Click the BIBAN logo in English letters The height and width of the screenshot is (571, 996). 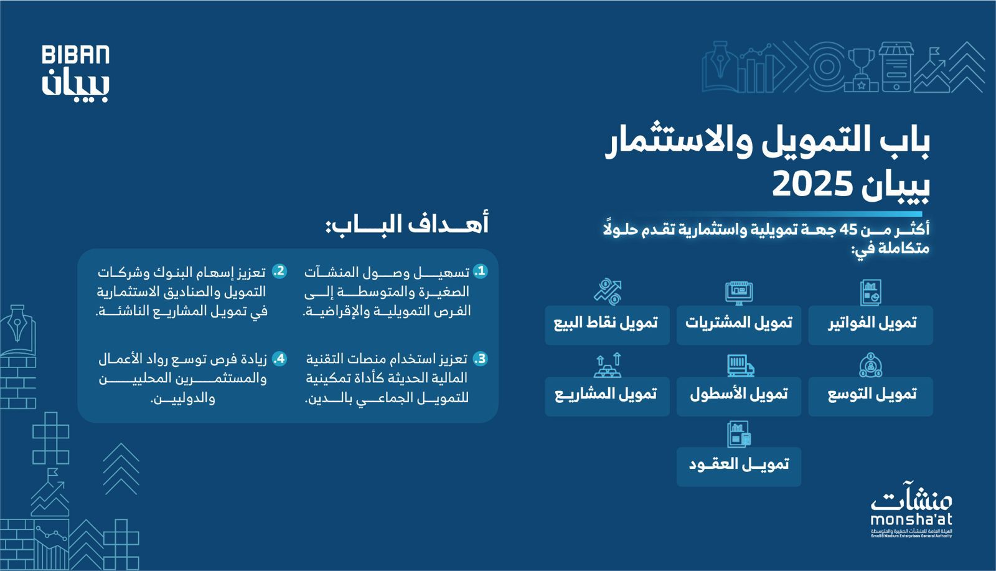(75, 55)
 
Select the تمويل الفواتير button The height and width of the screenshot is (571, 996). (870, 324)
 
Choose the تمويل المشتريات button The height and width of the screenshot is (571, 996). (738, 324)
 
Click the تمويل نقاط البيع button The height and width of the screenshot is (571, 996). (606, 324)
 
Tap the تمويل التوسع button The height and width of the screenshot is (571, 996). (870, 395)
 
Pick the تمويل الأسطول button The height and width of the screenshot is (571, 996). (738, 395)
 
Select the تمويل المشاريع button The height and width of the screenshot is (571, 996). (606, 395)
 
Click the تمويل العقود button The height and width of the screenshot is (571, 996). (738, 465)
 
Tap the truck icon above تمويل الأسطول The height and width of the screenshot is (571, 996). (740, 366)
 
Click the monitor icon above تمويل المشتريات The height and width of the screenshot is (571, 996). (739, 293)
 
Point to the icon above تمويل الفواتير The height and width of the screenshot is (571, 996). (870, 293)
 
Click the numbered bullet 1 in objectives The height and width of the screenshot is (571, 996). (480, 271)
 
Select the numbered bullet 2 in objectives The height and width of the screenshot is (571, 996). (280, 271)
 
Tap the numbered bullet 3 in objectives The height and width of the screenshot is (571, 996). (480, 359)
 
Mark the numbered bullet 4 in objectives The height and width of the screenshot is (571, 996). (280, 359)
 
